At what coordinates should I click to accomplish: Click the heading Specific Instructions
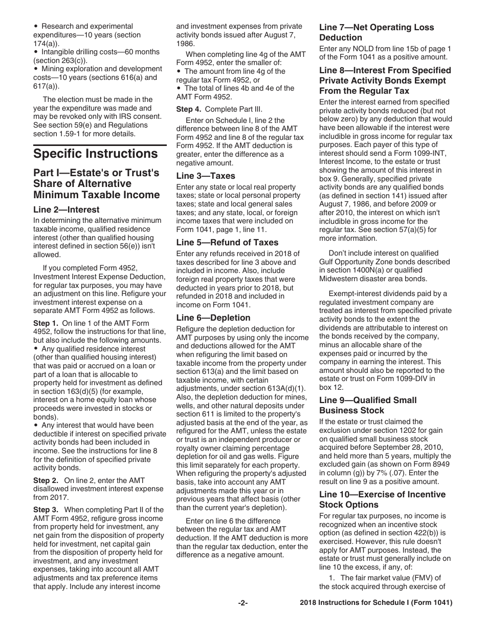(95, 154)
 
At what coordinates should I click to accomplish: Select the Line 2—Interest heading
(67, 209)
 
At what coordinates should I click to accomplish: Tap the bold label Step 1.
(46, 323)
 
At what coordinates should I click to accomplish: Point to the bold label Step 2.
(46, 480)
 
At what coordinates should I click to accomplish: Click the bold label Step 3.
(46, 510)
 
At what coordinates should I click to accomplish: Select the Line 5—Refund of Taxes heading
(227, 242)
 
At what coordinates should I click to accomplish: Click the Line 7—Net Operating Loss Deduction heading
(376, 32)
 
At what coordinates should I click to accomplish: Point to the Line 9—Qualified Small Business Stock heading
(368, 405)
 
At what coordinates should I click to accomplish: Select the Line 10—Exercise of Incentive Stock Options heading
(382, 499)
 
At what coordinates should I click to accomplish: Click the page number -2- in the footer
(243, 603)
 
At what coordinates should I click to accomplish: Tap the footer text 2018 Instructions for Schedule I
(376, 603)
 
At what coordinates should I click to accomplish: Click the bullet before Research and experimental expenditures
(35, 26)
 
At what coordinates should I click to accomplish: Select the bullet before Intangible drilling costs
(35, 52)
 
